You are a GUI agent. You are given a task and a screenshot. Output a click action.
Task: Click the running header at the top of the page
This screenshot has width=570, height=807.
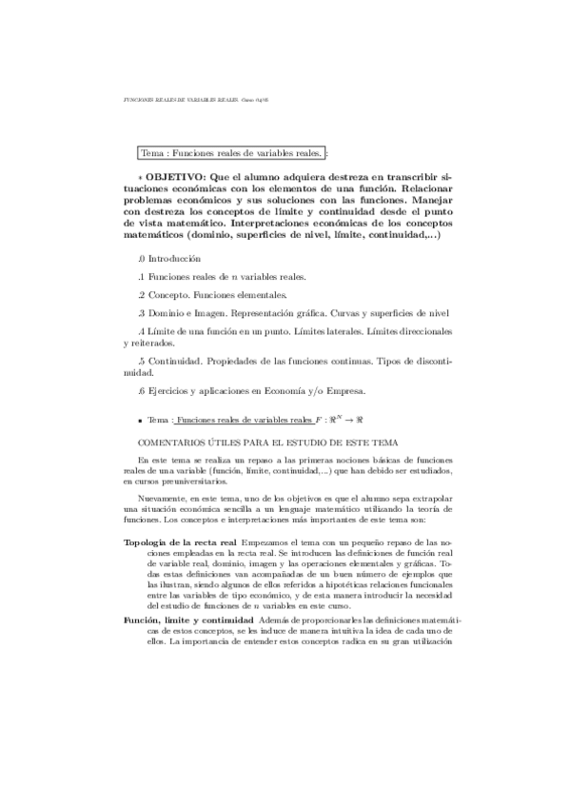[185, 97]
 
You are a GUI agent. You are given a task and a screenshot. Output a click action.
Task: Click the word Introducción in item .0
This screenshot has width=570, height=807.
[174, 259]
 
